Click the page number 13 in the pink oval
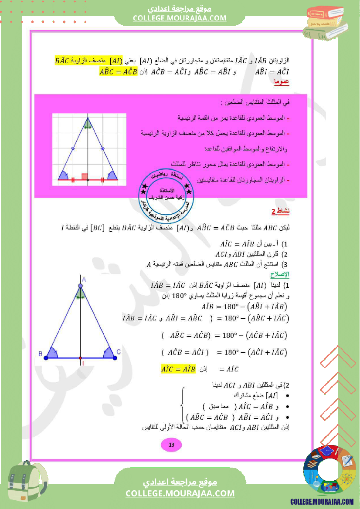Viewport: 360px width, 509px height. [x=171, y=445]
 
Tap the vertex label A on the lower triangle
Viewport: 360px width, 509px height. [x=84, y=279]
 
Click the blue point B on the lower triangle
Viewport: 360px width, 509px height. [x=46, y=358]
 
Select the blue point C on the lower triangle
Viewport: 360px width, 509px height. [x=115, y=358]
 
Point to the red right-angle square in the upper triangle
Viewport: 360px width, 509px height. [x=85, y=176]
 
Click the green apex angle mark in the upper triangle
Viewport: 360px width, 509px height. [x=88, y=125]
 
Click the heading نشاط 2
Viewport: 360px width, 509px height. [x=280, y=212]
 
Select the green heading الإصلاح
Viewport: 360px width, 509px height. [x=280, y=275]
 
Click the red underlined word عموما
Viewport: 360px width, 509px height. [x=282, y=81]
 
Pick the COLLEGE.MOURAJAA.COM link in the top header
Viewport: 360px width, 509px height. [x=180, y=18]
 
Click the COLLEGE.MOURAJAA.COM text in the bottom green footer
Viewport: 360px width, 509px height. [x=180, y=493]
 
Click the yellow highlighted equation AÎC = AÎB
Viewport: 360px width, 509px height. [x=178, y=369]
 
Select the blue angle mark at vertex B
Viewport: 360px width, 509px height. [x=52, y=353]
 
